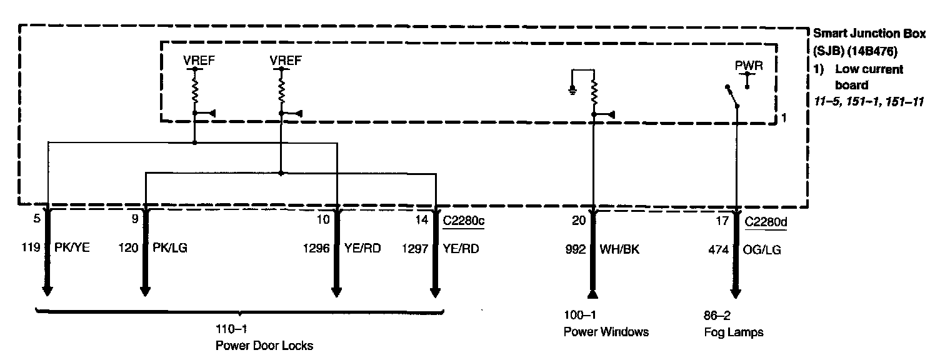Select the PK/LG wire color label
[170, 247]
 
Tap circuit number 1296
[316, 248]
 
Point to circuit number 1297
[414, 248]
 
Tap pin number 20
[580, 220]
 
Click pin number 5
[37, 220]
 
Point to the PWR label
[749, 64]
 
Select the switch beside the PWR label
[731, 96]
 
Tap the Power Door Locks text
[264, 345]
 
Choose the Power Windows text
[606, 332]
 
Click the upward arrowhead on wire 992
[593, 294]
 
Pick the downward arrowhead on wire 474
[736, 293]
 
